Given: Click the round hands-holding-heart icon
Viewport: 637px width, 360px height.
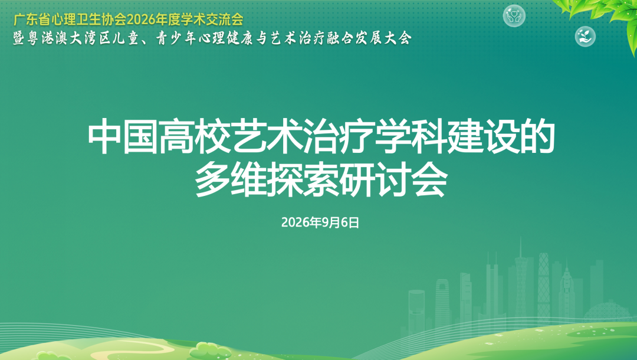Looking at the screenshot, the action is [x=514, y=17].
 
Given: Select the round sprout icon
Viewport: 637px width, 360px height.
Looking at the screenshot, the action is [x=585, y=36].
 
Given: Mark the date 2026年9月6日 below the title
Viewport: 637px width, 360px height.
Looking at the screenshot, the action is [x=320, y=222].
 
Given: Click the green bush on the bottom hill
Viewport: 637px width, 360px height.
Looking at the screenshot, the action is [x=210, y=349].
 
